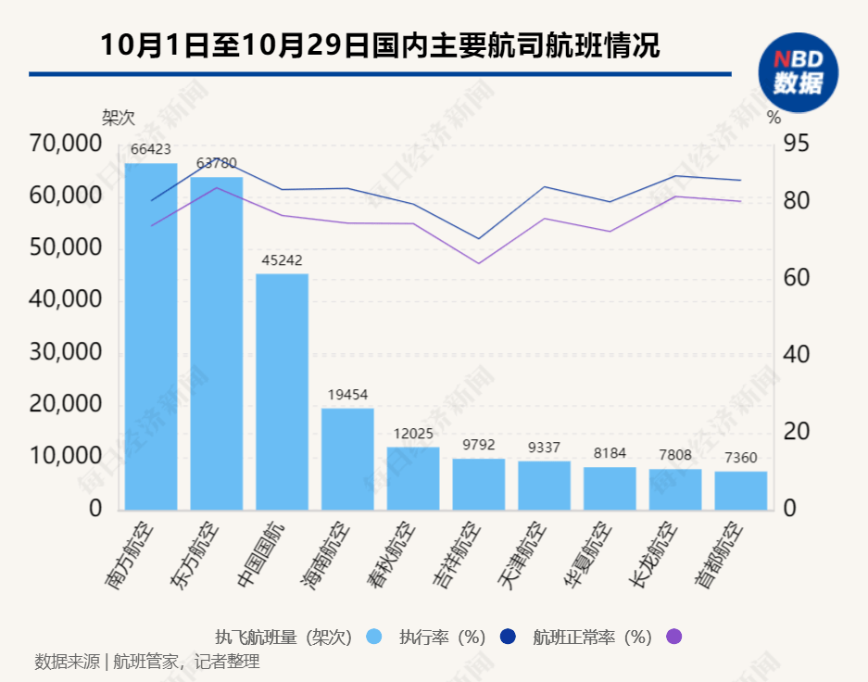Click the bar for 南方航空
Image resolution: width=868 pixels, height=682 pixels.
[151, 336]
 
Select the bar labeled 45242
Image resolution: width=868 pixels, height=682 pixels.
[282, 391]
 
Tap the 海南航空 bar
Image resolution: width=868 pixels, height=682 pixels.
[347, 459]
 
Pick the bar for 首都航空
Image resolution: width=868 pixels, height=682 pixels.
[741, 490]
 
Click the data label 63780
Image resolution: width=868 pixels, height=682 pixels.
[217, 163]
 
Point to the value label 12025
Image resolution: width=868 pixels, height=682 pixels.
[413, 434]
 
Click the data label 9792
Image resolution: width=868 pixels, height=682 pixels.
[479, 445]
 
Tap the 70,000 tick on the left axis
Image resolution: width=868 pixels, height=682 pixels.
[64, 144]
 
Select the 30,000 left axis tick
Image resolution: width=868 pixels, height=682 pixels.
[64, 352]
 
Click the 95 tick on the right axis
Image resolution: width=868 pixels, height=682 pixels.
[797, 144]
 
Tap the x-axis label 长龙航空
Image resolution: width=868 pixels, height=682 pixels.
[653, 554]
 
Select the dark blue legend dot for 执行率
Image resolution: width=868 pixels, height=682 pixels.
[507, 637]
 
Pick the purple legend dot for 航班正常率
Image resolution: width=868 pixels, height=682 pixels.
[673, 637]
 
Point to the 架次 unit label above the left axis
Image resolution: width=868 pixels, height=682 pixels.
[118, 118]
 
